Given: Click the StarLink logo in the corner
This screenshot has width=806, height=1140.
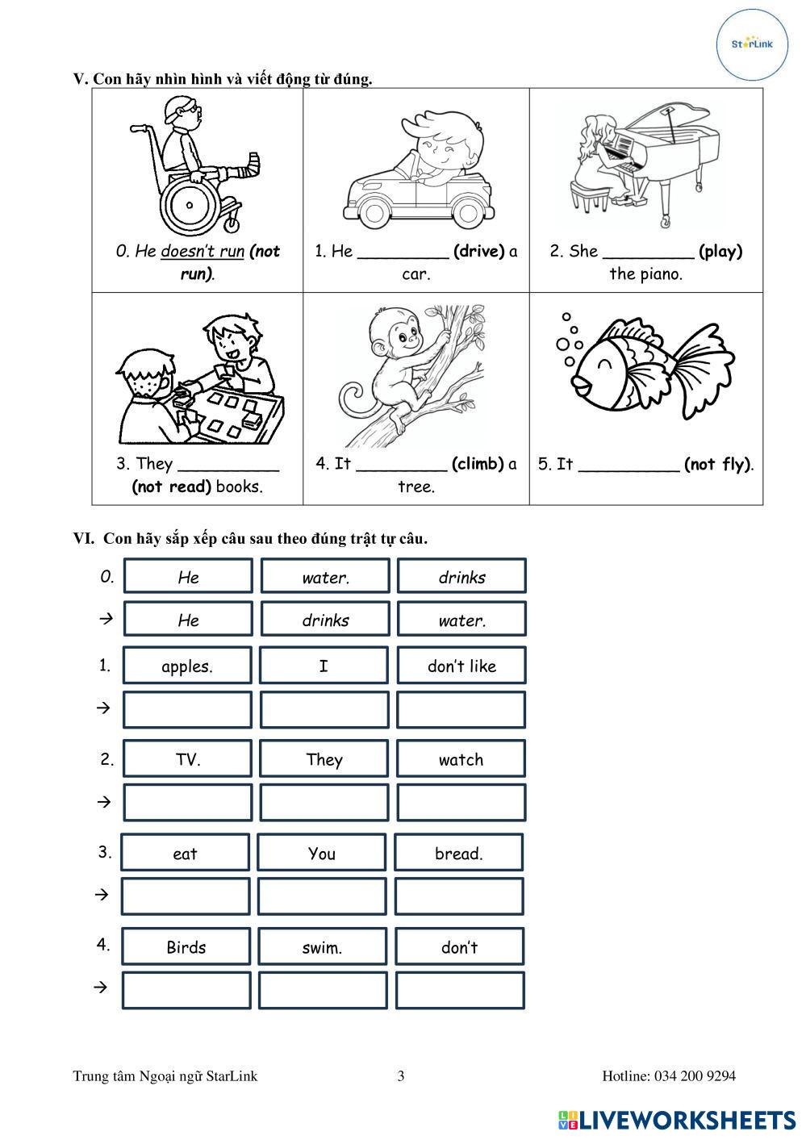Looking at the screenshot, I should point(752,44).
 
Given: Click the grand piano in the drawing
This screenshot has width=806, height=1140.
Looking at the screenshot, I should point(670,153).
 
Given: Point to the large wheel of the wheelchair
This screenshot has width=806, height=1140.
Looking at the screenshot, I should point(190,204).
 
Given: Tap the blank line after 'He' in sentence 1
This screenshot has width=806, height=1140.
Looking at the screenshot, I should point(402,253).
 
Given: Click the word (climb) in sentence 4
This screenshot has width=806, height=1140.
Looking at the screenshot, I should point(478,464).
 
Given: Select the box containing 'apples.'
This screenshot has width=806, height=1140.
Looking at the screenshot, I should point(187,666).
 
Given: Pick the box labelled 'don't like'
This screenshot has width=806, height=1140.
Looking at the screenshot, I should point(461,666).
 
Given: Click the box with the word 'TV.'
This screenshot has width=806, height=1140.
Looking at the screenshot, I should point(187,759).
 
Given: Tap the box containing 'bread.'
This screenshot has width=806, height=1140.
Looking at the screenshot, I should point(458,853).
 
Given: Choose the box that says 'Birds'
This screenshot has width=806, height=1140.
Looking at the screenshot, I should point(186,947).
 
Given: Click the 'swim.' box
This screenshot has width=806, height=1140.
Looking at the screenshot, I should point(322,947).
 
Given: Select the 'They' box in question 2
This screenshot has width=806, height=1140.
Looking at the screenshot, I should point(324,759).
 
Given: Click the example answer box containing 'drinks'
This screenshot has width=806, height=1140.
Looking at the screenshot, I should point(325,620).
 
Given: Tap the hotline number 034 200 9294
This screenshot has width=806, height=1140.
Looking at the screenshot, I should point(694,1075).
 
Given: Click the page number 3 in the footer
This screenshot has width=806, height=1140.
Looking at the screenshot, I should point(401,1075).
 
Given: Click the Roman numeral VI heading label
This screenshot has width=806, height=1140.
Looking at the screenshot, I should point(84,538).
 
